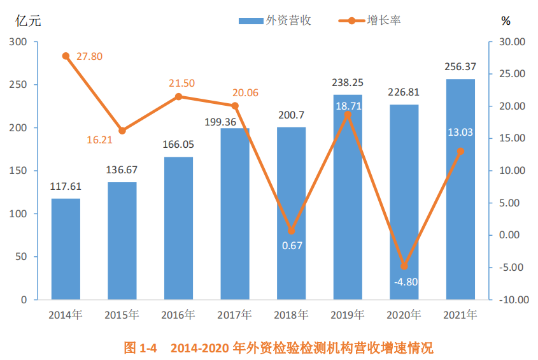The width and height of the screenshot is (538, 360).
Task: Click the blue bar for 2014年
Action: (x=66, y=248)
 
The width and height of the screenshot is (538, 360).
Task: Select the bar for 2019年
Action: (x=348, y=198)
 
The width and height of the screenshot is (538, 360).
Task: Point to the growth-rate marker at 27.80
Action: (x=66, y=56)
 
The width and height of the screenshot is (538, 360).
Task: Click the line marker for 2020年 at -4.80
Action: (x=404, y=266)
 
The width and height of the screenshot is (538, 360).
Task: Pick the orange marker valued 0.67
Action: (x=292, y=231)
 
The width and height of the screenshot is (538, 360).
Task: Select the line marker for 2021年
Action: (x=460, y=151)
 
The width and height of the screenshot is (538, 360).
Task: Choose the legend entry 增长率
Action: (x=370, y=20)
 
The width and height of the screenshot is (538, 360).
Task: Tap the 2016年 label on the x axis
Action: (x=178, y=314)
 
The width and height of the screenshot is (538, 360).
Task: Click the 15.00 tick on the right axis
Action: (x=509, y=138)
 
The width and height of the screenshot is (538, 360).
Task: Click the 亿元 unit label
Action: (x=28, y=20)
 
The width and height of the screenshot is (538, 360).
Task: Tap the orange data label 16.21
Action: (x=99, y=140)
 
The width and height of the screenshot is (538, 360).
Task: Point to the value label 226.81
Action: (x=404, y=93)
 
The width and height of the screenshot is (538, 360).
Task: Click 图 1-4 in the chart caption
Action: (x=139, y=348)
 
